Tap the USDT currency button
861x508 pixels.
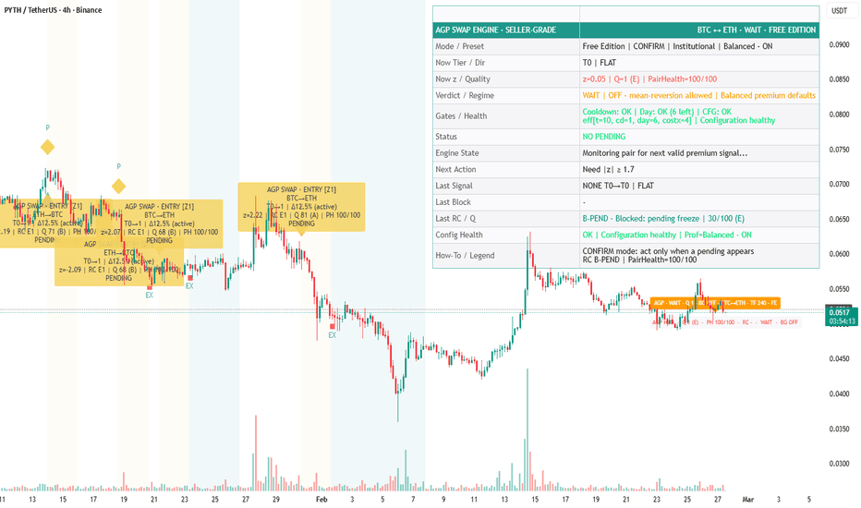coord(839,11)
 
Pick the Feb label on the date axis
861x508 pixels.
coord(321,499)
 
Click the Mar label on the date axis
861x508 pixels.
coord(748,499)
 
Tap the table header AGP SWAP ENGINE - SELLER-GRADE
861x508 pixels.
coord(495,30)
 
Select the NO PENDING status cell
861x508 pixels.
coord(605,136)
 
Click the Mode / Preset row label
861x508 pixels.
coord(459,46)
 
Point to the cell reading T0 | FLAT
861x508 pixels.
coord(605,63)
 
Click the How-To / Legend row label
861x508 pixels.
coord(467,256)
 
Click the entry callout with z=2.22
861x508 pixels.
coord(301,207)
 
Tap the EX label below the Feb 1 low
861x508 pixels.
coord(332,335)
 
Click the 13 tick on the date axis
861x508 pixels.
coord(32,499)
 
